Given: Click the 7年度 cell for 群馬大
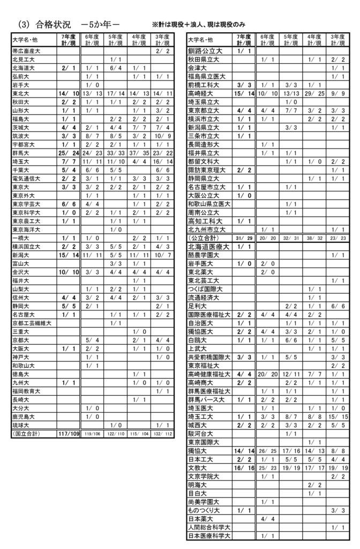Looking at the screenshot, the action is [x=69, y=152].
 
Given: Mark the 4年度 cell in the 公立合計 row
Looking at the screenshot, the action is [x=314, y=237].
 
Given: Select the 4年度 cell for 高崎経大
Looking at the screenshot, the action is [x=314, y=93].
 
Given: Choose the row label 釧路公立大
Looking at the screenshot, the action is [x=204, y=51].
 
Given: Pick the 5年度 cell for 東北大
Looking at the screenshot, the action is [x=116, y=93].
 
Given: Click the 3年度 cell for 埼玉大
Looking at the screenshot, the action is [x=162, y=161].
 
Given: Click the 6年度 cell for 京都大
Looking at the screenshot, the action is [x=93, y=339].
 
